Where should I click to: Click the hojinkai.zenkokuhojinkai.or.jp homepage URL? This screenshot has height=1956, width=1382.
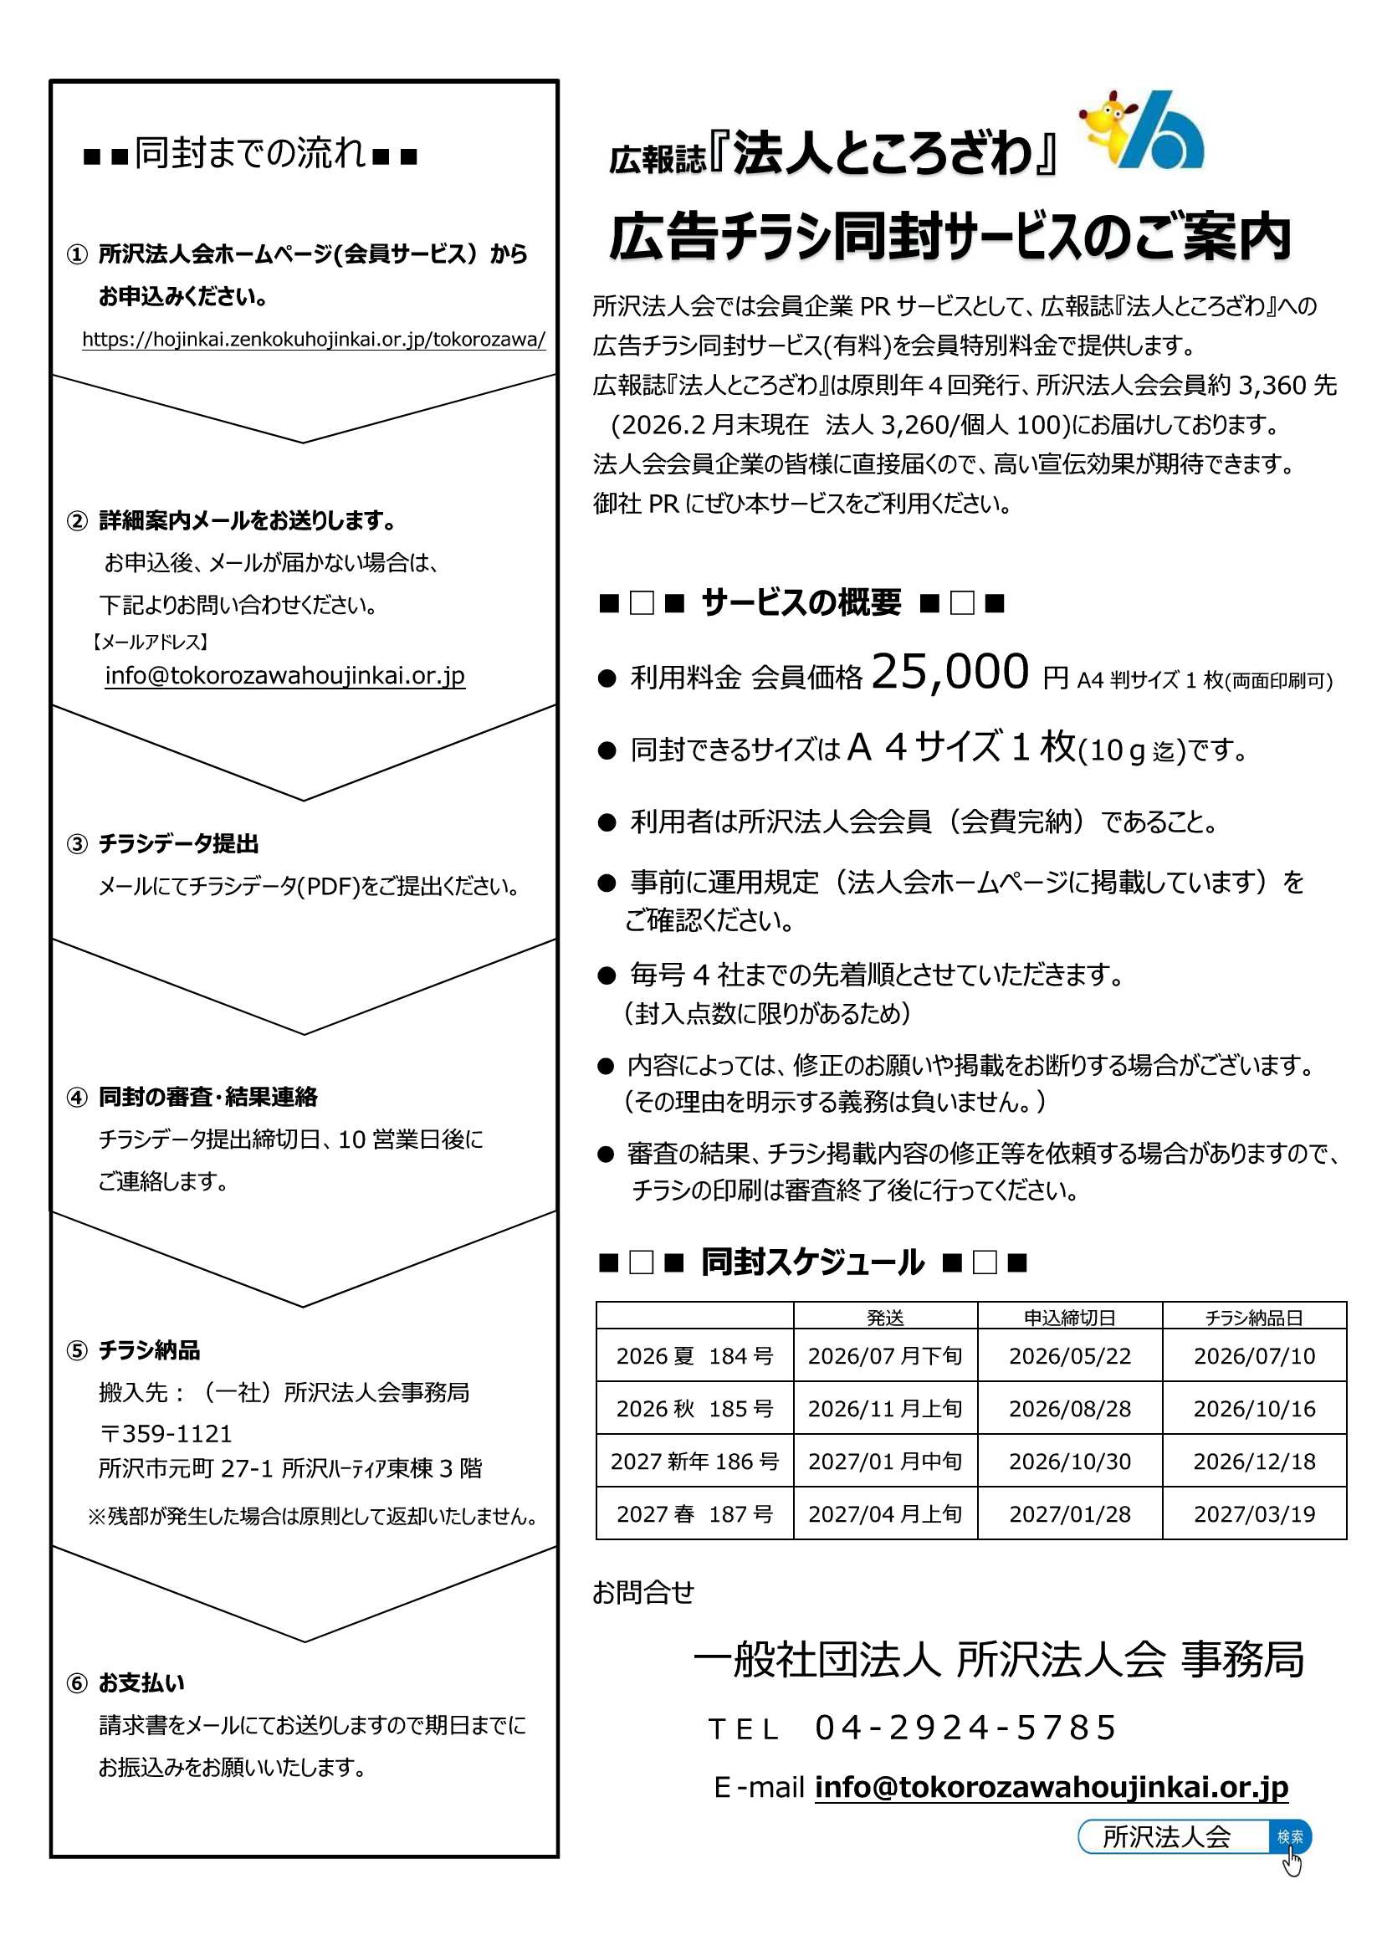pyautogui.click(x=314, y=339)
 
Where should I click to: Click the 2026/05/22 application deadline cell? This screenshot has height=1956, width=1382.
pyautogui.click(x=1069, y=1356)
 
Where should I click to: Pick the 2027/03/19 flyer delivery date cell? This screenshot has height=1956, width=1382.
pyautogui.click(x=1254, y=1514)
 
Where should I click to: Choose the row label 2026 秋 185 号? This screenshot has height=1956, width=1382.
pyautogui.click(x=694, y=1409)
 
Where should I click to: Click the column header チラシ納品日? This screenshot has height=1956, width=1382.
pyautogui.click(x=1254, y=1318)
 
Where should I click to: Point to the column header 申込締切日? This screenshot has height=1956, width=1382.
pyautogui.click(x=1069, y=1318)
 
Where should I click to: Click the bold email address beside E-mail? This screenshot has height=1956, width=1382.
pyautogui.click(x=1052, y=1786)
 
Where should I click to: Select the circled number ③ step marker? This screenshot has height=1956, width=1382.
pyautogui.click(x=77, y=844)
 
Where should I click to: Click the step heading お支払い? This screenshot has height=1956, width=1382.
pyautogui.click(x=141, y=1682)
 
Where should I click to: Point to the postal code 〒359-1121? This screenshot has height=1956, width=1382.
pyautogui.click(x=166, y=1434)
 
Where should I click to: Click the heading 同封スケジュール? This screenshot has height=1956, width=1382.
pyautogui.click(x=812, y=1262)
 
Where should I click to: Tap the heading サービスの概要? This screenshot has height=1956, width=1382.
pyautogui.click(x=801, y=603)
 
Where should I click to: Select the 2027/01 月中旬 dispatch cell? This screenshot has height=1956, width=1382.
pyautogui.click(x=885, y=1461)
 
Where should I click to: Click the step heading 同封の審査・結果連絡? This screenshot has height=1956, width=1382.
pyautogui.click(x=208, y=1097)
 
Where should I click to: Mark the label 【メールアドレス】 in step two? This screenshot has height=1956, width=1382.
pyautogui.click(x=150, y=642)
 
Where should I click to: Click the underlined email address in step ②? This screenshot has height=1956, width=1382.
pyautogui.click(x=284, y=676)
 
